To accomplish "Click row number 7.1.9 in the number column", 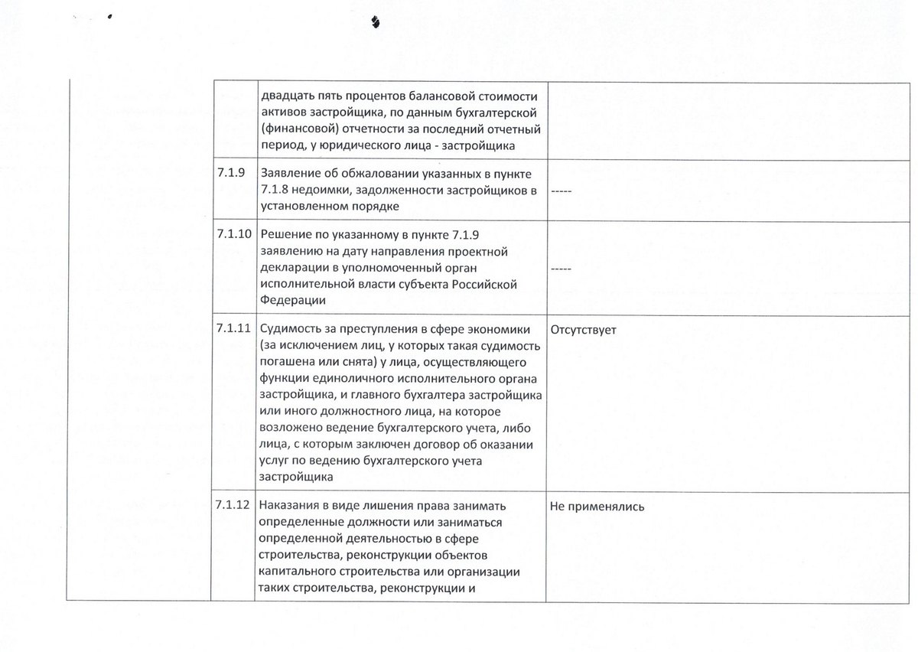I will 230,173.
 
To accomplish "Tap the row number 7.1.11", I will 234,329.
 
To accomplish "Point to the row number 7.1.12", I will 234,505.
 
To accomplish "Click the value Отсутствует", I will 583,329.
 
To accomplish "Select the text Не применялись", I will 597,505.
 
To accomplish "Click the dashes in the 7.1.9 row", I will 561,191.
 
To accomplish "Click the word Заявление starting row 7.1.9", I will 288,174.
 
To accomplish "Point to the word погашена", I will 288,362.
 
